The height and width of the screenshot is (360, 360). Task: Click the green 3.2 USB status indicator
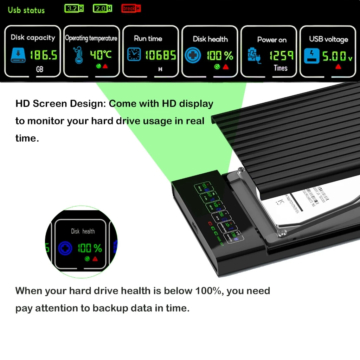tap(75, 8)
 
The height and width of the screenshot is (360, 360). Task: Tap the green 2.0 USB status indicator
tap(102, 8)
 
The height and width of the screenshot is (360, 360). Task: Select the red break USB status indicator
tap(131, 8)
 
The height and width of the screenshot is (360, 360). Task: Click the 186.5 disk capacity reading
tap(43, 55)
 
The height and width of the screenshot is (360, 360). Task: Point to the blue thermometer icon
tap(78, 56)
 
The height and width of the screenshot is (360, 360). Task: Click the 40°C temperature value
tap(101, 54)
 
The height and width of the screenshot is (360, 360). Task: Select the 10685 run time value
tap(160, 55)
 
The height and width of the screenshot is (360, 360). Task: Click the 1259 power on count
tap(281, 56)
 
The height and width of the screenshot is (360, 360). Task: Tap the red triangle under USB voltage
tap(338, 66)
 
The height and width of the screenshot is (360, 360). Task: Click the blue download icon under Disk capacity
tap(17, 56)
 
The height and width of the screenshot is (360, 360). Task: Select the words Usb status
tap(26, 9)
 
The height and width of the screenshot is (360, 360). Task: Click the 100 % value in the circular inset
tap(90, 248)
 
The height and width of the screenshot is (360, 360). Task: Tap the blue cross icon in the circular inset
tap(65, 248)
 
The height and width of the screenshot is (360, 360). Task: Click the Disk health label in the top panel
tap(210, 39)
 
